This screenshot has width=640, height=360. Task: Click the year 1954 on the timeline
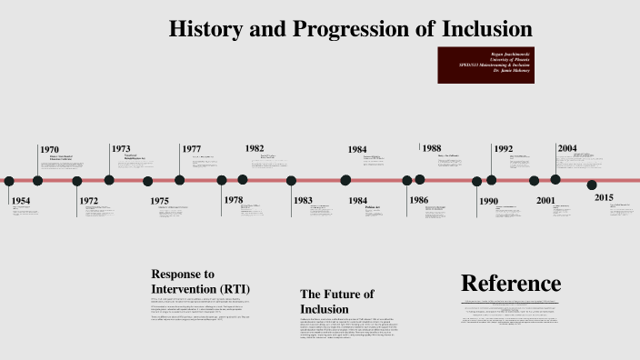[x=21, y=200]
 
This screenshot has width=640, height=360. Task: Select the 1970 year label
[x=49, y=149]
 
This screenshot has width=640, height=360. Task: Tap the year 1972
[x=88, y=201]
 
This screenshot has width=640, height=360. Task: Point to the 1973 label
[x=121, y=148]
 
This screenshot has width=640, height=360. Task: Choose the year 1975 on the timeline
[x=159, y=201]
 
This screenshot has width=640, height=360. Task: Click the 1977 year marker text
[x=191, y=149]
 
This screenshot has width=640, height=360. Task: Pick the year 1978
[x=234, y=200]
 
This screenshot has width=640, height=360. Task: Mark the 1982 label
[x=255, y=148]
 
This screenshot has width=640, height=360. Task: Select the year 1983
[x=303, y=201]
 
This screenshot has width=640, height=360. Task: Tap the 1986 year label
[x=418, y=200]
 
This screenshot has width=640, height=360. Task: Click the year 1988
[x=431, y=148]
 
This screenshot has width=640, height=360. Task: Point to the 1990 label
[x=488, y=201]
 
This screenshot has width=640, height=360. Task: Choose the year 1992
[x=504, y=149]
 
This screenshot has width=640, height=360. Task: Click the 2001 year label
[x=545, y=201]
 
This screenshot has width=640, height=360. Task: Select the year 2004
[x=567, y=148]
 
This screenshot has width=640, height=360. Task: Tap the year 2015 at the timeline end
[x=604, y=197]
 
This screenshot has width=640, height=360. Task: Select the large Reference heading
[x=511, y=283]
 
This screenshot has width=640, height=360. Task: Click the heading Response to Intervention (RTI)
[x=200, y=281]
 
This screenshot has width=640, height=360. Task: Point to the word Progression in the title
[x=350, y=28]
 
